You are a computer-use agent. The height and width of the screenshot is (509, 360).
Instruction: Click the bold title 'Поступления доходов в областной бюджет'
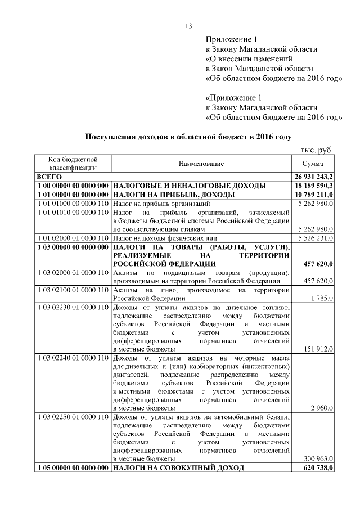coord(188,137)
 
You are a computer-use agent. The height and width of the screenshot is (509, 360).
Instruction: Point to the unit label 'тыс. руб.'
coord(316,150)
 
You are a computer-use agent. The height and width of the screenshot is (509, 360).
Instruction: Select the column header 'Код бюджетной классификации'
coord(73,163)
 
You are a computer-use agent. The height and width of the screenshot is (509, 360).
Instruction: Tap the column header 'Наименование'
coord(201,163)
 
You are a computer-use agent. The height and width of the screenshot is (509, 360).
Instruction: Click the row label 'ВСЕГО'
coord(49,176)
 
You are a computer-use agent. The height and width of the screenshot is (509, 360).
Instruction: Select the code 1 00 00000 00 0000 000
coord(72,185)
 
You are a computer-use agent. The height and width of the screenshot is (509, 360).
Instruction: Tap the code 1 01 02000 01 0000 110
coord(72,238)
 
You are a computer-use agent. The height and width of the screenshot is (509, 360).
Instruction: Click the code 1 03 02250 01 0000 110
coord(72,417)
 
